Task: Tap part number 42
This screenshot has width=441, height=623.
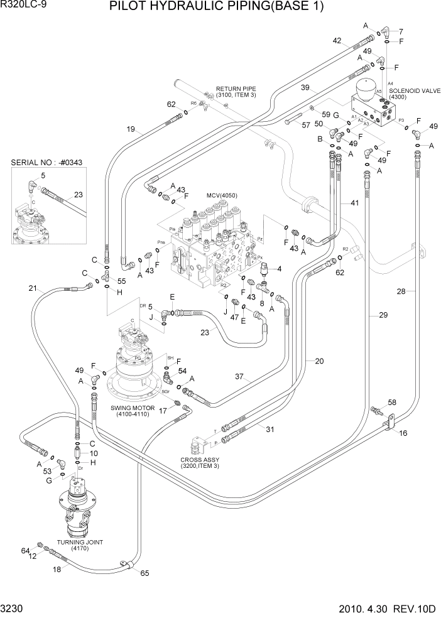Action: pos(337,41)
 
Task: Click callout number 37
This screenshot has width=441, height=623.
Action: pos(239,377)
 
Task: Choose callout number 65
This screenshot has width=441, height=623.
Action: pos(144,573)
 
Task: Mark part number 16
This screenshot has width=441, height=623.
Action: pos(403,433)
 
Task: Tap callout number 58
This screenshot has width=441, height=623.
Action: pos(392,403)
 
